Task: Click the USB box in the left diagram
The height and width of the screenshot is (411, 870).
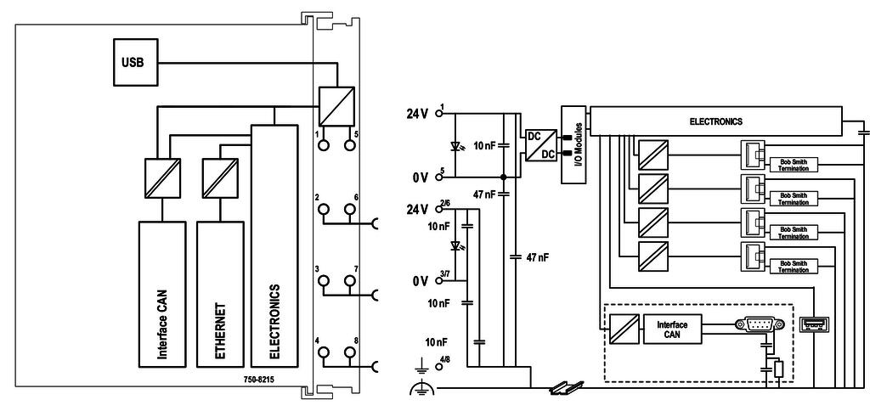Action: pyautogui.click(x=133, y=62)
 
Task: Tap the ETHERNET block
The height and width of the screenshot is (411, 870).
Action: pyautogui.click(x=218, y=293)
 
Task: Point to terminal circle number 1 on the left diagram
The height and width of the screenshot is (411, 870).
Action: pyautogui.click(x=324, y=145)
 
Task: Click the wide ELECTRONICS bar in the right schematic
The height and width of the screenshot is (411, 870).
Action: pyautogui.click(x=715, y=121)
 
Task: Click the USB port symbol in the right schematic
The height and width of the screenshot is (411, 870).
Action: pyautogui.click(x=814, y=325)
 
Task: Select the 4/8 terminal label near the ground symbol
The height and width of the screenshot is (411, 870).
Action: pyautogui.click(x=445, y=363)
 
